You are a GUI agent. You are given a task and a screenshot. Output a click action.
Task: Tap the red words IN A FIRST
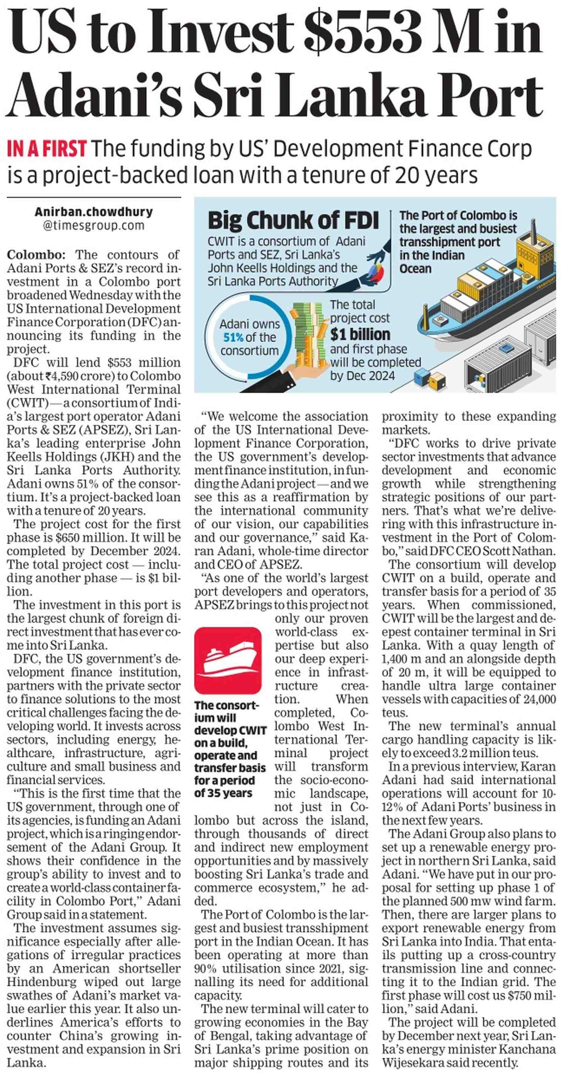47,149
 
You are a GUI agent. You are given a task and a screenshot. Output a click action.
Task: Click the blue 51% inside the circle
233,338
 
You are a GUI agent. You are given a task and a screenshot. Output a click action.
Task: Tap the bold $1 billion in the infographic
360,335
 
